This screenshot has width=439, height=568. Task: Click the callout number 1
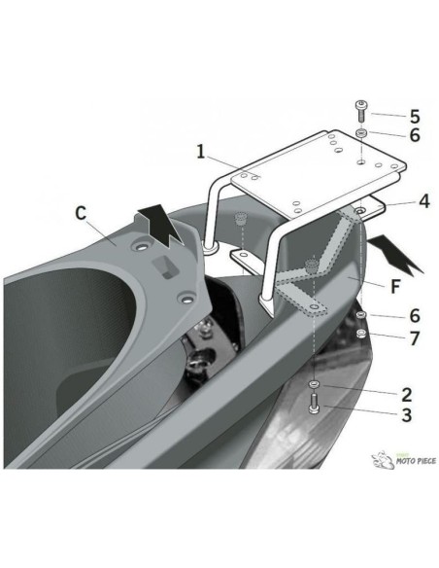tap(201, 152)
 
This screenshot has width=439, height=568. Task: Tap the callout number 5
tap(415, 117)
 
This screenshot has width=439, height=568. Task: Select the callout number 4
tap(424, 201)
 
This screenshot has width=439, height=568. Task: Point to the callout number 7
tap(415, 338)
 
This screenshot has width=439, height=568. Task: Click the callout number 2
tap(407, 395)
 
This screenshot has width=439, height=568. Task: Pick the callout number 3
tap(407, 415)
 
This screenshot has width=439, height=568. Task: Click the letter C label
tap(81, 213)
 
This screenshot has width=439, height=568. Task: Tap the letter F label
tap(395, 287)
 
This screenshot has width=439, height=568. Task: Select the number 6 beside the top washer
tap(415, 135)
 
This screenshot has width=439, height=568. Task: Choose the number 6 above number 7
tap(415, 316)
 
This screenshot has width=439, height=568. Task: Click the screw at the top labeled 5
tap(360, 112)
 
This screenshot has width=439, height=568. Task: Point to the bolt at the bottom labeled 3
tap(314, 405)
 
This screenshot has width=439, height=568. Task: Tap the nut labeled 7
tap(360, 334)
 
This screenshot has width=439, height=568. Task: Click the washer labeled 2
tap(314, 384)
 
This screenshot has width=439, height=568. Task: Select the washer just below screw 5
tap(360, 133)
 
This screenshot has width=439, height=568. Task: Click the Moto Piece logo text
tap(416, 461)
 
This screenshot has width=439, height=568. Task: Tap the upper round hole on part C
tap(141, 247)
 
